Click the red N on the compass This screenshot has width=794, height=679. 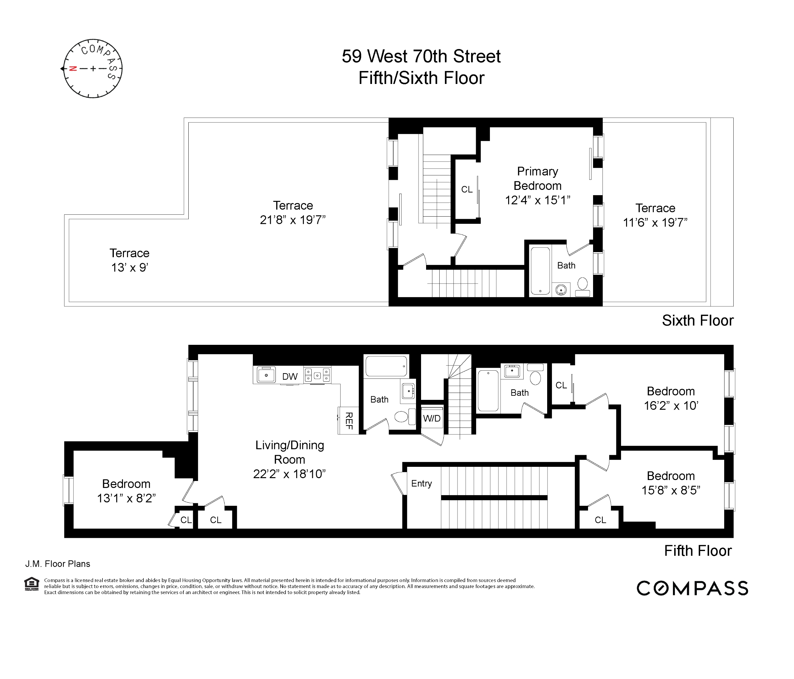tap(73, 69)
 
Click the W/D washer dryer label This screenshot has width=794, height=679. tap(431, 418)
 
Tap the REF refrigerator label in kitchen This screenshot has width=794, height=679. tap(348, 420)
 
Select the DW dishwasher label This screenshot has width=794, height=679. tap(290, 377)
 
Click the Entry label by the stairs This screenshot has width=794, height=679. tap(421, 483)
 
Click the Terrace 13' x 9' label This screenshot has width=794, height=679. tap(130, 260)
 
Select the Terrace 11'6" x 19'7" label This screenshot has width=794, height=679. tap(655, 215)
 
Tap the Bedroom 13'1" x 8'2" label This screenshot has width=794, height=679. tap(126, 491)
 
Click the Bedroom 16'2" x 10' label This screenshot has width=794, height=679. tap(671, 399)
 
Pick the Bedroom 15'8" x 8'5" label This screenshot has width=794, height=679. tap(671, 483)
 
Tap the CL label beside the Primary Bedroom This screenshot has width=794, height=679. tap(466, 190)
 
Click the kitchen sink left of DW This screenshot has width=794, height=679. tap(266, 375)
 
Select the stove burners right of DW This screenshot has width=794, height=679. tap(317, 375)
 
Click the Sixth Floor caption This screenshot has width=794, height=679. tap(697, 321)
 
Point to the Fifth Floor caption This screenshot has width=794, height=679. tap(697, 551)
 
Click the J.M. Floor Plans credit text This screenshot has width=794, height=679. tap(58, 564)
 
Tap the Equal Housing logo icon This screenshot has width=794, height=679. tap(31, 584)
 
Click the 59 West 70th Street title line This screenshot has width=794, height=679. tap(421, 57)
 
